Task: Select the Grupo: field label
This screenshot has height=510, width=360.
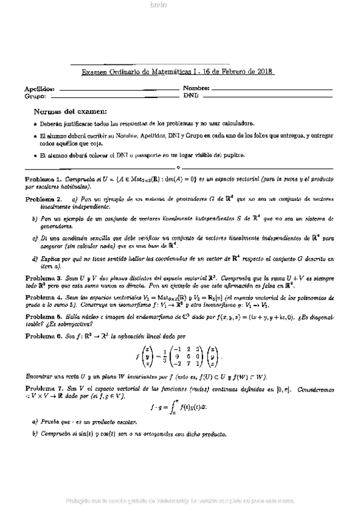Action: click(35, 96)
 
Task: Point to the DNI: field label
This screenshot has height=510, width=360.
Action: click(191, 96)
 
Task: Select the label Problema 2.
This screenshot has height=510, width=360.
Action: click(43, 198)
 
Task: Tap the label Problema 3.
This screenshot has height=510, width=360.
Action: click(43, 279)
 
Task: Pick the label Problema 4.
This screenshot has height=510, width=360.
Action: click(43, 297)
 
